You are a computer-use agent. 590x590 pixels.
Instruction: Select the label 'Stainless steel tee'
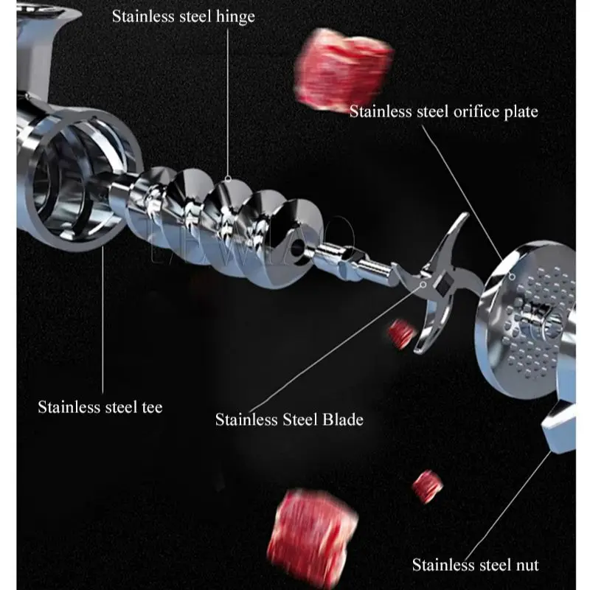[x=100, y=406]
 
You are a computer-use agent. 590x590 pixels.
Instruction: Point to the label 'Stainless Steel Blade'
[x=289, y=420]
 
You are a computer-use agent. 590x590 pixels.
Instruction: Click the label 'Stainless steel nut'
[x=475, y=566]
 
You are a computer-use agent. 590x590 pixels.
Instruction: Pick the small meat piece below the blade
[x=401, y=333]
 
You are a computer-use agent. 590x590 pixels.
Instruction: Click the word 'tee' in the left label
[x=150, y=406]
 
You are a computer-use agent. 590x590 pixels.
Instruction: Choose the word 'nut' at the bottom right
[x=526, y=566]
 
